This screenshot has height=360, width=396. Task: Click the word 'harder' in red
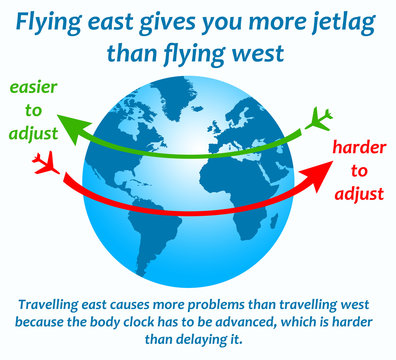[359, 147]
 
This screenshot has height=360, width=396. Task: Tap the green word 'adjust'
[35, 130]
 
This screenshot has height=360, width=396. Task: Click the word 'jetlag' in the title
[336, 22]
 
